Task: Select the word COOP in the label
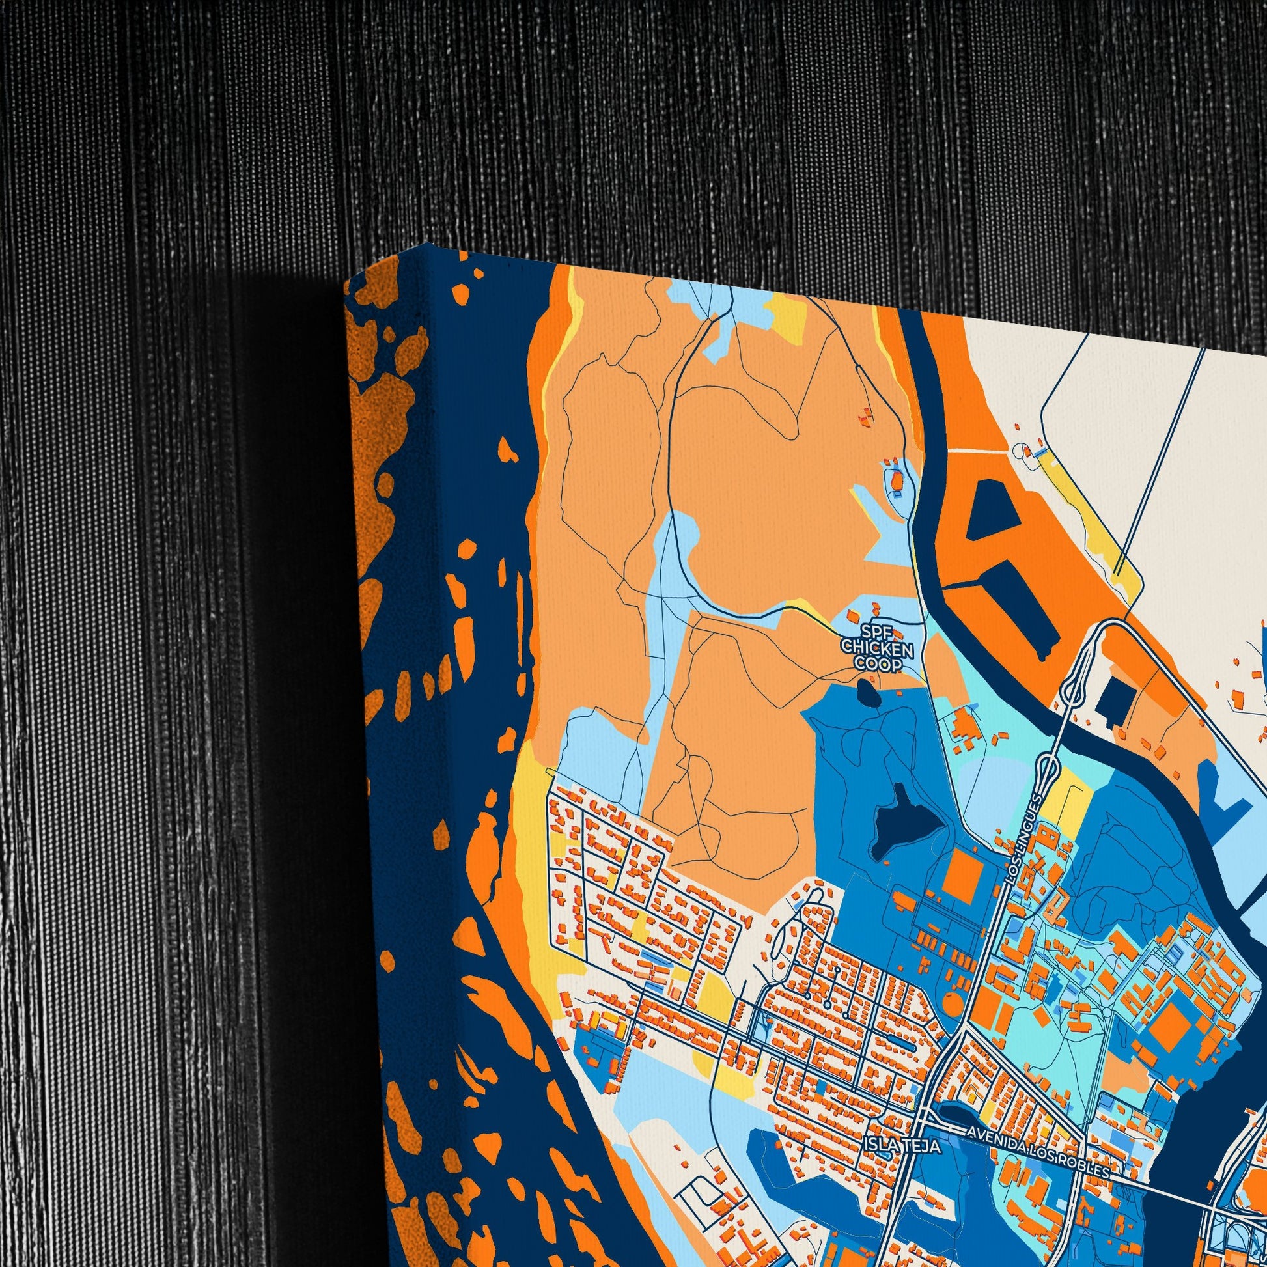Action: (877, 663)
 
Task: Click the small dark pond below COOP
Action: (866, 690)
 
